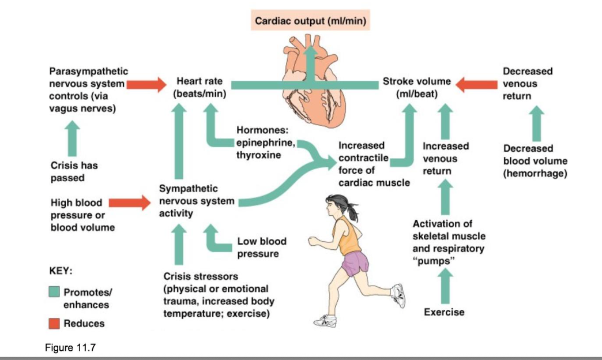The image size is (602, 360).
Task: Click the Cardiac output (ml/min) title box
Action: (x=311, y=21)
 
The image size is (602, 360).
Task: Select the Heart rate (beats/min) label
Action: (x=200, y=88)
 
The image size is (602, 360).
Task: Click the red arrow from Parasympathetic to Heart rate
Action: (x=145, y=85)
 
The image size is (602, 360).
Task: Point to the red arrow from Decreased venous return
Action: (x=477, y=85)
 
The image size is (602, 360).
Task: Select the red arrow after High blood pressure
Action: (x=129, y=202)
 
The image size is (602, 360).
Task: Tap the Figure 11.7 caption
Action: (x=66, y=348)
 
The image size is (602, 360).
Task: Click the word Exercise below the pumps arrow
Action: (x=443, y=312)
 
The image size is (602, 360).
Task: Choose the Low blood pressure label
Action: (x=262, y=247)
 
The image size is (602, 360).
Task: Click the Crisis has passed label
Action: (x=74, y=171)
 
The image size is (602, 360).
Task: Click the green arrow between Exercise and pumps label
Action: (x=443, y=285)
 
